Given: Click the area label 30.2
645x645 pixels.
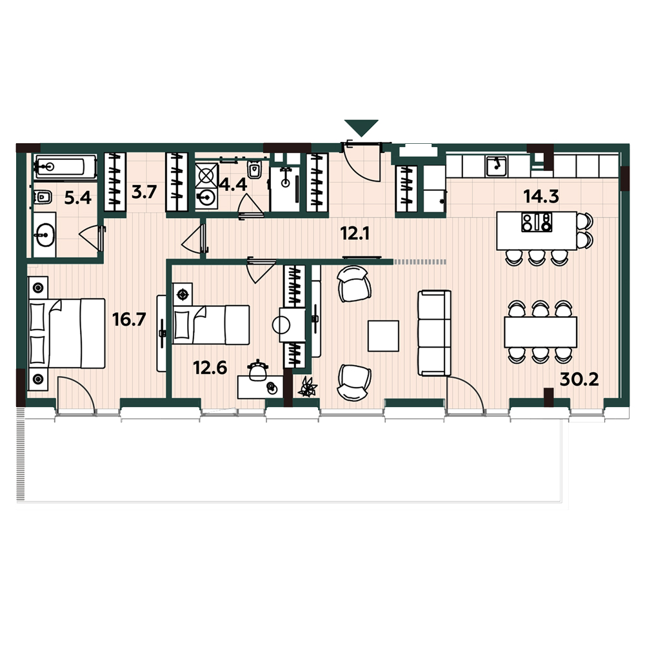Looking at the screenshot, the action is (579, 380).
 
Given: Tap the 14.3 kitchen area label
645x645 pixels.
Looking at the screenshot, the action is (541, 196).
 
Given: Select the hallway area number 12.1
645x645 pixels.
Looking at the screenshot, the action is (355, 233).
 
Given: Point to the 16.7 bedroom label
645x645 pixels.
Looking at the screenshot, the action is (129, 319).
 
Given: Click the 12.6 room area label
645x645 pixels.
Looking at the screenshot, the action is (210, 368).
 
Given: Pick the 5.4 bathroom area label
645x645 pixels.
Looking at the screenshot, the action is (78, 198).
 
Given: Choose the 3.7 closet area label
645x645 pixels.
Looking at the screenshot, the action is (144, 192).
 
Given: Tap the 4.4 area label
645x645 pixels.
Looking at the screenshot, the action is (233, 184).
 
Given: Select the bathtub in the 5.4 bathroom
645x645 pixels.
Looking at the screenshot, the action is (66, 166).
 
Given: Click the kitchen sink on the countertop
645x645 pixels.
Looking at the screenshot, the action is (497, 166).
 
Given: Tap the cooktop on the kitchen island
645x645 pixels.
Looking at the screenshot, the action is (537, 222).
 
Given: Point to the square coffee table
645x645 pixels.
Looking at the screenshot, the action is (383, 336).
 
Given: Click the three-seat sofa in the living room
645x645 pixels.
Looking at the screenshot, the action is (434, 333).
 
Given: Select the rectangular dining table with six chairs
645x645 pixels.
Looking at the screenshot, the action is (541, 332).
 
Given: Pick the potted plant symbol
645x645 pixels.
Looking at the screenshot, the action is (308, 387).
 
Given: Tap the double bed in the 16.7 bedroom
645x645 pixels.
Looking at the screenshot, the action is (67, 333).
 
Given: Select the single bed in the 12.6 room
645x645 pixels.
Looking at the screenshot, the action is (211, 324).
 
